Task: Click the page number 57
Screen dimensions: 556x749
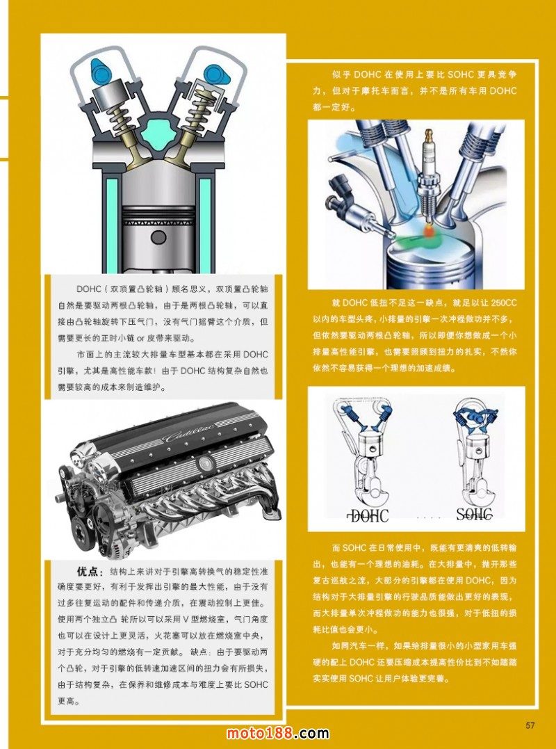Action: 530,725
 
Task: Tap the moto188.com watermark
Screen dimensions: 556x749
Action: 277,733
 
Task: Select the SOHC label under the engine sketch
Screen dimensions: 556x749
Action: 474,514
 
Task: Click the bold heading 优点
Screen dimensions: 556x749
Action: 87,572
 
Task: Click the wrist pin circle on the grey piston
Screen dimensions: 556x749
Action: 158,237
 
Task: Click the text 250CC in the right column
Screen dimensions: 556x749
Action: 503,303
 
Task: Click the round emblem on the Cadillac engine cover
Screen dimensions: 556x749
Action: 205,462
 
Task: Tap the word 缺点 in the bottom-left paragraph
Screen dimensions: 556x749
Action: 200,652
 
